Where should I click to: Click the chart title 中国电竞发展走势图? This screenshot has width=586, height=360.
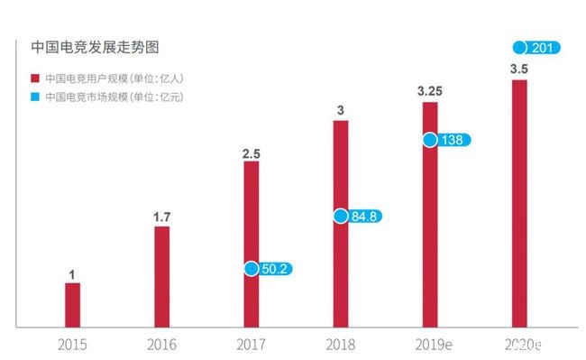click(89, 45)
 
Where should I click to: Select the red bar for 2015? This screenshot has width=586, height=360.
click(72, 304)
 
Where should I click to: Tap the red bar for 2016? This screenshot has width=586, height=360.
click(161, 275)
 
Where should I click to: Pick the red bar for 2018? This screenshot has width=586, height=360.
click(341, 222)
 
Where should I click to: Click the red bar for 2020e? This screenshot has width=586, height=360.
click(519, 202)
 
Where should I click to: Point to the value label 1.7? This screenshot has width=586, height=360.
click(162, 216)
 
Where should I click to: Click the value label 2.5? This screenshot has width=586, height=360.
click(252, 154)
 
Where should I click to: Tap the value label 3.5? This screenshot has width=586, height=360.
click(519, 69)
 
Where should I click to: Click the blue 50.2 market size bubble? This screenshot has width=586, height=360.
click(270, 268)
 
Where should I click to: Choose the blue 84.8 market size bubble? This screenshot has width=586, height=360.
click(359, 216)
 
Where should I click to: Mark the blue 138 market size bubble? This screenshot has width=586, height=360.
click(447, 140)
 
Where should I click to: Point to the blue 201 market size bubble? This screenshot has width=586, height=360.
click(537, 47)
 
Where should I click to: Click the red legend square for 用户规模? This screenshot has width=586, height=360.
click(34, 78)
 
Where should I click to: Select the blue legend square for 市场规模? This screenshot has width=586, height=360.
click(34, 96)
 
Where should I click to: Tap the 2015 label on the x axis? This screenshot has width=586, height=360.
click(72, 344)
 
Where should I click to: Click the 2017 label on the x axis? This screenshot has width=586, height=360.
click(252, 344)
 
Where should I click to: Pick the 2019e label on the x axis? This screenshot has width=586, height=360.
click(430, 344)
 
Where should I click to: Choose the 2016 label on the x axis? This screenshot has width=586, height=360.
click(162, 344)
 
